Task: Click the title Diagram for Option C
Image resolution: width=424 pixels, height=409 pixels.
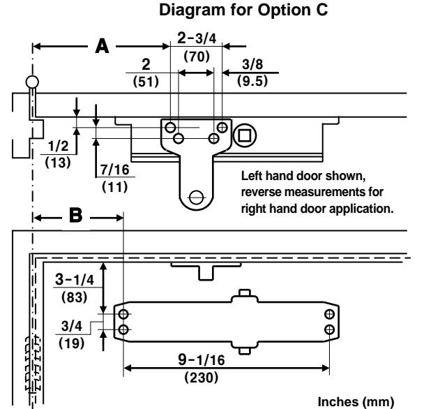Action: click(243, 10)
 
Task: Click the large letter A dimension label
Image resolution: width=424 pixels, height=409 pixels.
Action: click(103, 46)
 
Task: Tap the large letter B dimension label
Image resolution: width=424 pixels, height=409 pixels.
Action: click(75, 216)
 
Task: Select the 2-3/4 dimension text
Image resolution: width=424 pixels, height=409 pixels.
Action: click(197, 38)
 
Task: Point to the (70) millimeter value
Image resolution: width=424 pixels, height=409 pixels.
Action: click(197, 57)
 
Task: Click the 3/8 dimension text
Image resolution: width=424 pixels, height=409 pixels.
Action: click(252, 64)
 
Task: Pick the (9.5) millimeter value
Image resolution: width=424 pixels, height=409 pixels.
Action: click(252, 81)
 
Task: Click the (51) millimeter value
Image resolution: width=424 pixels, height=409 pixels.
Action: click(146, 82)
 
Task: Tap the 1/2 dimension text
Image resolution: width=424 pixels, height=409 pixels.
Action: click(58, 146)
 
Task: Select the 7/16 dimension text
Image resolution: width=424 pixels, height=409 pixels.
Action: click(115, 170)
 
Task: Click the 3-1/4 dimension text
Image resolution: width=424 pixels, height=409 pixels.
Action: click(75, 279)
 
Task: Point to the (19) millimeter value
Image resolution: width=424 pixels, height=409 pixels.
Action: click(72, 343)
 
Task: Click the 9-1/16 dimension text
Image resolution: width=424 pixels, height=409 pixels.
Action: click(202, 360)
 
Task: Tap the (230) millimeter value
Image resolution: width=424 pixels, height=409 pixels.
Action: click(201, 378)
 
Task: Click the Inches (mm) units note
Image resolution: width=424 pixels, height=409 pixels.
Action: click(356, 402)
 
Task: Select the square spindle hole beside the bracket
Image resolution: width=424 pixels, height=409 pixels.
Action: click(245, 135)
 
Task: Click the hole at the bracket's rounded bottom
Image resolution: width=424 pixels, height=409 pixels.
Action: click(197, 197)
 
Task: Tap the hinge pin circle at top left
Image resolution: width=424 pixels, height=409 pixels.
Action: click(33, 82)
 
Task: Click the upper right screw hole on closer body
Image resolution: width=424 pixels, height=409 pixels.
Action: click(329, 314)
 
